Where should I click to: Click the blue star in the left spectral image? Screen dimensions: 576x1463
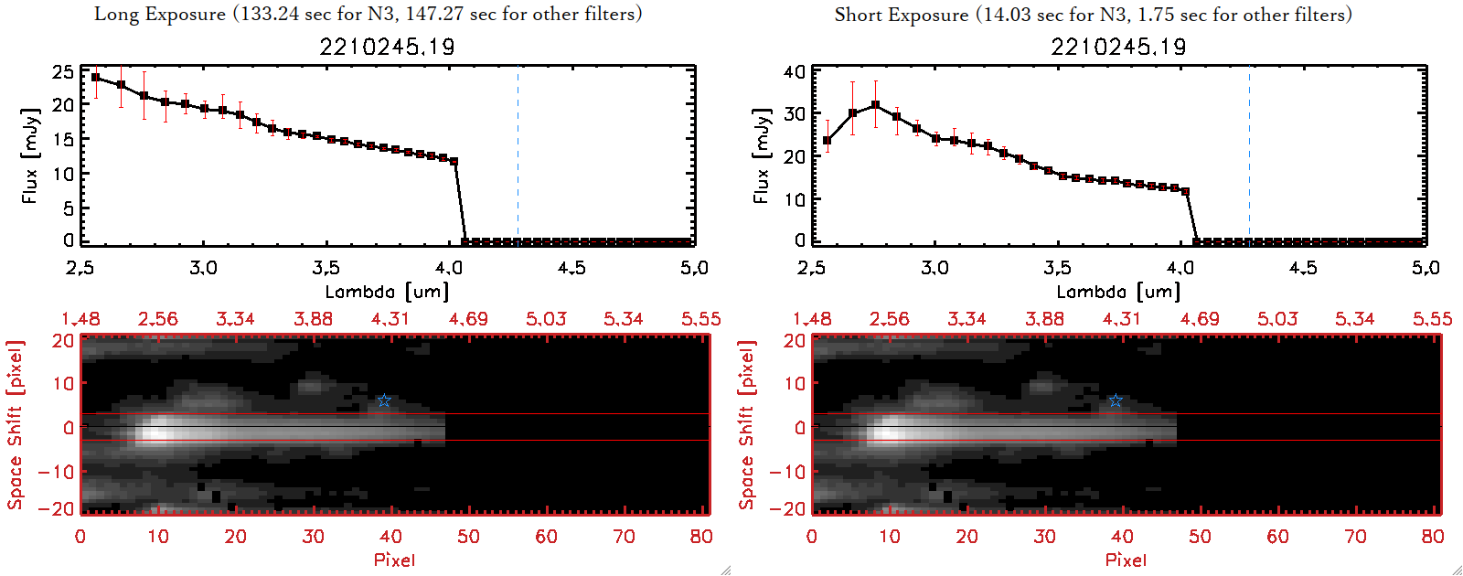(384, 400)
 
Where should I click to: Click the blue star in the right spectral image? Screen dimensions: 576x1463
(1116, 400)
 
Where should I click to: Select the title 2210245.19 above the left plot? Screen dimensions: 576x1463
(387, 47)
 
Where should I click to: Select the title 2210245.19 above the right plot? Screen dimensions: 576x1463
(1118, 47)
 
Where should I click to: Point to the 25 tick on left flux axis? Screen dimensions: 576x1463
(63, 71)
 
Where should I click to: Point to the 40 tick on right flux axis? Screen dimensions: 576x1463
(795, 71)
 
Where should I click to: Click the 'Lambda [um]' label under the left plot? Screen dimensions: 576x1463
(387, 292)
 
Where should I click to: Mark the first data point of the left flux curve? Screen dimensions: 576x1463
(95, 78)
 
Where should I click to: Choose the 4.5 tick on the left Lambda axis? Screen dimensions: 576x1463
(571, 268)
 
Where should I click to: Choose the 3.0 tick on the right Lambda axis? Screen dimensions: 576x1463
(934, 268)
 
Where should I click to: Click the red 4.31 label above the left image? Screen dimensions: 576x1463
(390, 319)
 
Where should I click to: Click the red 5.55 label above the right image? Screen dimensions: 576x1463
(1432, 319)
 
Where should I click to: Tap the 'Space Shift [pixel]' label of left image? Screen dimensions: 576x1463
(16, 425)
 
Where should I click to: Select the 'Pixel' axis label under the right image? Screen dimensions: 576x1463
(1126, 560)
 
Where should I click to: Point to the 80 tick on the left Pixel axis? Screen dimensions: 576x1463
(701, 537)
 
